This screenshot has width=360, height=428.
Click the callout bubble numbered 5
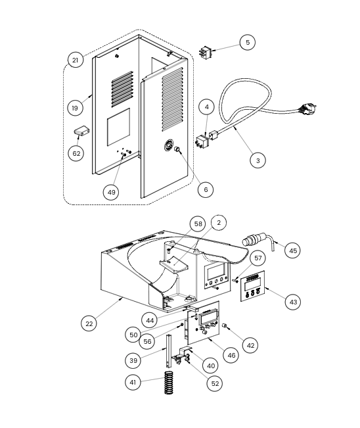[248, 42]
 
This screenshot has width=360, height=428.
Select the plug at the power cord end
[308, 108]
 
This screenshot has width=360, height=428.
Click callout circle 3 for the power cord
[258, 160]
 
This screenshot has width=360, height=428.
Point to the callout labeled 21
[76, 60]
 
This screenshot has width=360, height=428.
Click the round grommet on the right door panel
[169, 145]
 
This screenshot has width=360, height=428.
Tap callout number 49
[111, 192]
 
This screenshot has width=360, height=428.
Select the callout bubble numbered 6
[206, 189]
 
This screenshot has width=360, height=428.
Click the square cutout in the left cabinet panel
[118, 127]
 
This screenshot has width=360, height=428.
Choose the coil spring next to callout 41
[169, 383]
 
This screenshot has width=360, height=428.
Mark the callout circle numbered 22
[89, 323]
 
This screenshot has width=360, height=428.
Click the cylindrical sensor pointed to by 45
[254, 239]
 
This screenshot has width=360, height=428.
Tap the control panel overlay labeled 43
[253, 286]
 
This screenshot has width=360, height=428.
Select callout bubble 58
[198, 224]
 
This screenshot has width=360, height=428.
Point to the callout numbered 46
[231, 356]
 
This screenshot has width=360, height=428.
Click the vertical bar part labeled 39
[169, 351]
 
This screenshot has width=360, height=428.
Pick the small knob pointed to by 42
[225, 325]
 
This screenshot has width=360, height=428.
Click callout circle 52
[215, 383]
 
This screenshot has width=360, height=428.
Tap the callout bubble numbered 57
[258, 258]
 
